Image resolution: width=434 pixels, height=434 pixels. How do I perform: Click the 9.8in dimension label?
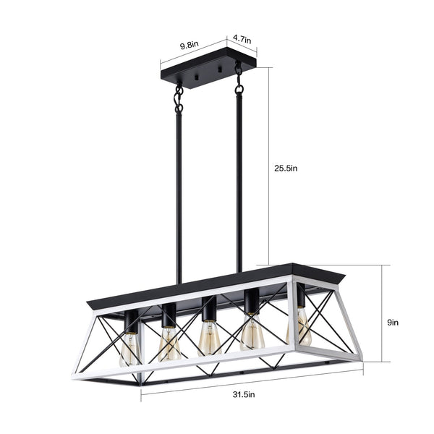[190, 44]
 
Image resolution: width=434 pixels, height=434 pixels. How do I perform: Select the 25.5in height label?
[286, 168]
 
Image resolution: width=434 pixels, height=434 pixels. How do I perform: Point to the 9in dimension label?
[393, 322]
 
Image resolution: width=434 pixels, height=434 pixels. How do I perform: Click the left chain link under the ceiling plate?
[178, 98]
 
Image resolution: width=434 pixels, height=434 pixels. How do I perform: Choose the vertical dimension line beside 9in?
[380, 318]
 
